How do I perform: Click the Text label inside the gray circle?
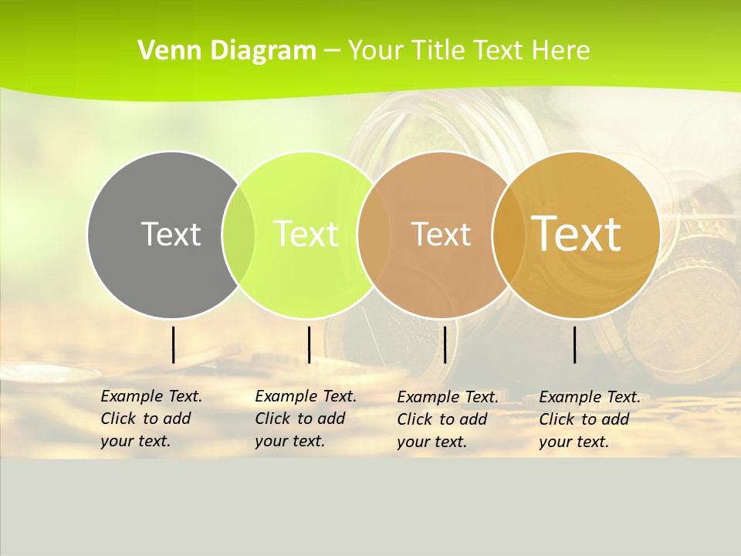(x=171, y=234)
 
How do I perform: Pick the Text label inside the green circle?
(x=306, y=234)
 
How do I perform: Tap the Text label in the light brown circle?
(x=441, y=234)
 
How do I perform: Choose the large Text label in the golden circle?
(x=577, y=234)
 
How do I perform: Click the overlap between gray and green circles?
(x=239, y=234)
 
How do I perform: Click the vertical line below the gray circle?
(x=173, y=344)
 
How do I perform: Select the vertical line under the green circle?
(x=309, y=344)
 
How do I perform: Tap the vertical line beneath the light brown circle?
(x=445, y=344)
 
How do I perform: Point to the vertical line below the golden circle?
(x=575, y=344)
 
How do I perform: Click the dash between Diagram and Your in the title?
(x=332, y=51)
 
